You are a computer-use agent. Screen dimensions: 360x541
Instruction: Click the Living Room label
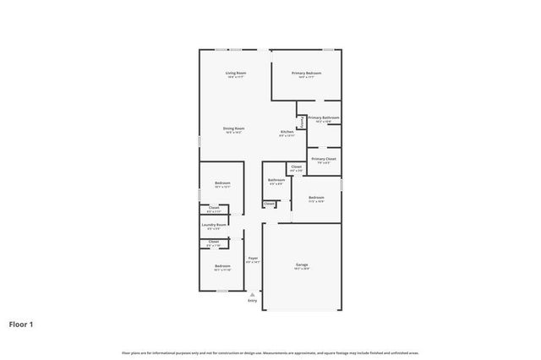[236, 74]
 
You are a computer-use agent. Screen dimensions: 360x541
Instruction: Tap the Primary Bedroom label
[307, 74]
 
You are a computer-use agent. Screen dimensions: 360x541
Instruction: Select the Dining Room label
[232, 128]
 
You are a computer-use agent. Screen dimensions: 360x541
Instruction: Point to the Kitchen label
[287, 132]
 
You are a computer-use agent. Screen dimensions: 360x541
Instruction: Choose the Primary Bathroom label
[324, 117]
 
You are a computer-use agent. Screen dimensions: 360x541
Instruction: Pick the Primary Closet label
[324, 159]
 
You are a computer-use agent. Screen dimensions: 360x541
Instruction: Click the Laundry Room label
[214, 225]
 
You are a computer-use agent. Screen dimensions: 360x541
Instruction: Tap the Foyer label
[252, 258]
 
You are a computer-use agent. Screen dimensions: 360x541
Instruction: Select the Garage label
[302, 265]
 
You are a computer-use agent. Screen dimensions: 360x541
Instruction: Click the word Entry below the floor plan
[252, 301]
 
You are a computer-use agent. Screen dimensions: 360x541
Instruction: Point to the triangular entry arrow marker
[252, 293]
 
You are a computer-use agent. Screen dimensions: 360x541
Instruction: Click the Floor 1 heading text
[22, 324]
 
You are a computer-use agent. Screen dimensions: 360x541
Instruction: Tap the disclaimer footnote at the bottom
[270, 352]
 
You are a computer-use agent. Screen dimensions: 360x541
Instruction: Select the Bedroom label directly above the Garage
[316, 198]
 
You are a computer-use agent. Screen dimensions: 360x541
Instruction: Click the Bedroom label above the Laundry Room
[222, 183]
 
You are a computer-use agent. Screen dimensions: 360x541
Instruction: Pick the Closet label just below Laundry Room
[214, 242]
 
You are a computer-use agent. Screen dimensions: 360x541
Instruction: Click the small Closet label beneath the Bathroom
[269, 203]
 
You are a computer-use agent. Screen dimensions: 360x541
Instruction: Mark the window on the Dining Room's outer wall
[199, 143]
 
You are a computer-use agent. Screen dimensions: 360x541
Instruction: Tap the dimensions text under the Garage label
[302, 270]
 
